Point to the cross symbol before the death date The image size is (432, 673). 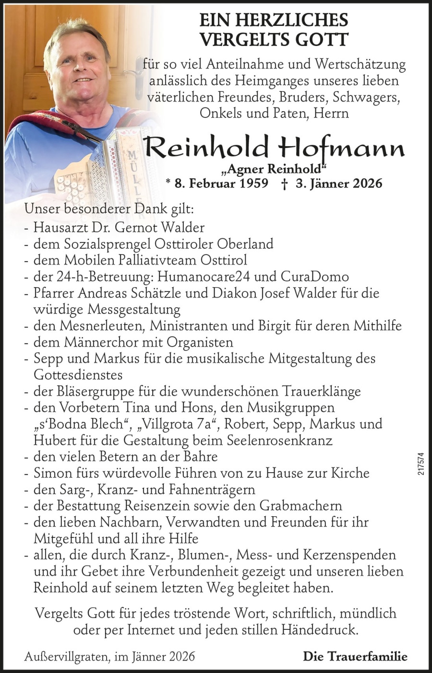[x=285, y=184]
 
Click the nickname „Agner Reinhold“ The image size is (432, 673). [x=274, y=168]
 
